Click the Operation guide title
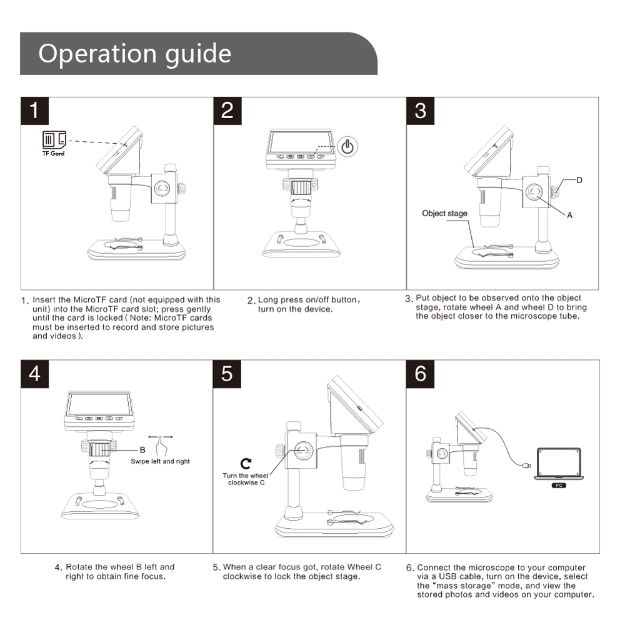(134, 54)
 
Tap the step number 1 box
(34, 110)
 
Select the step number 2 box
(227, 110)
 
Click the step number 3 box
(420, 110)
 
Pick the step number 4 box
(34, 373)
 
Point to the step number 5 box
(227, 373)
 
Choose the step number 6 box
(420, 373)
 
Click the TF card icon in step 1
(53, 139)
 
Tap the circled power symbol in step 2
(349, 147)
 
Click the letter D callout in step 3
(579, 180)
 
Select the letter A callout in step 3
(569, 214)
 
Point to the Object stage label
(444, 213)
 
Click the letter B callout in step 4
(142, 449)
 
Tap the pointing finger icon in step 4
(162, 447)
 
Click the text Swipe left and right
(160, 461)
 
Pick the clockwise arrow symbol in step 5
(246, 463)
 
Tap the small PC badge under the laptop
(559, 485)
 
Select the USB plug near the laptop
(527, 466)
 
